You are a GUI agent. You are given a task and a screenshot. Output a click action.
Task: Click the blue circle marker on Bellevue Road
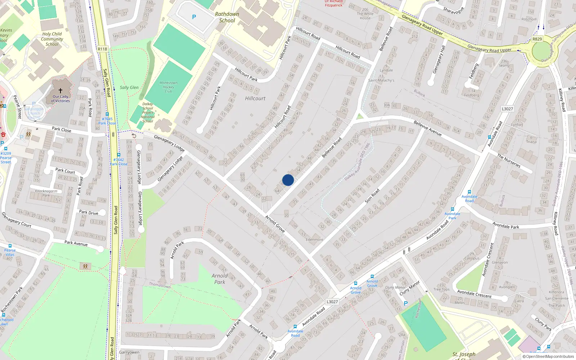tap(288, 180)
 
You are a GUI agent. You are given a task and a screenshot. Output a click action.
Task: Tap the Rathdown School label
tap(227, 17)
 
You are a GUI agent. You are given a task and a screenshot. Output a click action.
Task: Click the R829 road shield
tap(537, 39)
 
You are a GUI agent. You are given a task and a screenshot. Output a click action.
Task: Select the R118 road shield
tap(102, 49)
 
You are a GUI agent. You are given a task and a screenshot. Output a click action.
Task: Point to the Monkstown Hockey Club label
tap(168, 87)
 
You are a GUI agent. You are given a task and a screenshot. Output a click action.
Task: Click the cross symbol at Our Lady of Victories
tap(60, 91)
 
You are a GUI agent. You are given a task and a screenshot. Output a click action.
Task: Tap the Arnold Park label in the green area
tap(220, 279)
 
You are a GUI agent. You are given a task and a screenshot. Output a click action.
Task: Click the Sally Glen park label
tap(129, 87)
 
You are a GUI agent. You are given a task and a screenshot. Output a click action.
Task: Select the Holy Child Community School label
tap(52, 39)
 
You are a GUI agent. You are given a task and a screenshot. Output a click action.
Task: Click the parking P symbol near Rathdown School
tap(194, 17)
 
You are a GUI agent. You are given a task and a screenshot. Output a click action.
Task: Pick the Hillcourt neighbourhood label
tap(255, 98)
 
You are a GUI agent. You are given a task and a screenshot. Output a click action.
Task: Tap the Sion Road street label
tap(372, 196)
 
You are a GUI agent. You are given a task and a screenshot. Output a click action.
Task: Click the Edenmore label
tap(314, 239)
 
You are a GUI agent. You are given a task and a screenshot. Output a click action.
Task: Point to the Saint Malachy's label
tap(381, 80)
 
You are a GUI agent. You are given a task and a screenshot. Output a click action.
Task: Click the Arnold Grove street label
tap(275, 224)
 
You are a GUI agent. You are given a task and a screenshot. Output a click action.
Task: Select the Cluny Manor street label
tap(409, 288)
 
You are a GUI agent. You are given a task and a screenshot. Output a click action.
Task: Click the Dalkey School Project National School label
tap(148, 113)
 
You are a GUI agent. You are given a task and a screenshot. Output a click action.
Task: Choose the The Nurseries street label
tap(509, 161)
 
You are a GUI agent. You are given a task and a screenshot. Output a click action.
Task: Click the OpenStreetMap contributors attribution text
tap(548, 357)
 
